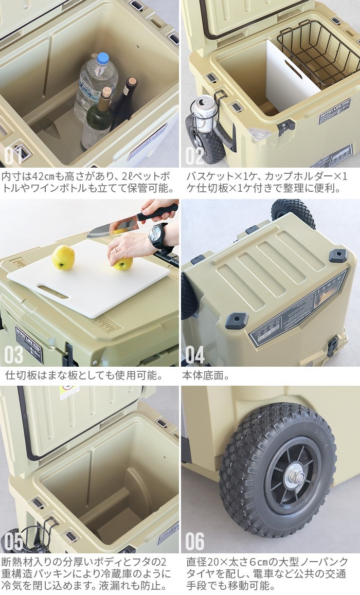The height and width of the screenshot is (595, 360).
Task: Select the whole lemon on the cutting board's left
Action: coord(63,257)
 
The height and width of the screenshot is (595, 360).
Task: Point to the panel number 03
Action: coord(14,355)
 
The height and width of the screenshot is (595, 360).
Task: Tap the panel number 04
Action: coord(195,355)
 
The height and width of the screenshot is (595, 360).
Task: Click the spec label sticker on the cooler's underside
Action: coord(298,309)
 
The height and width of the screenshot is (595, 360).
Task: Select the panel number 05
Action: coord(14,541)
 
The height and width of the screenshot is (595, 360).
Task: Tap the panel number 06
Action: coord(195,541)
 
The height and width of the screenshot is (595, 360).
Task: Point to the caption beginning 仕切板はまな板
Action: coord(84,376)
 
